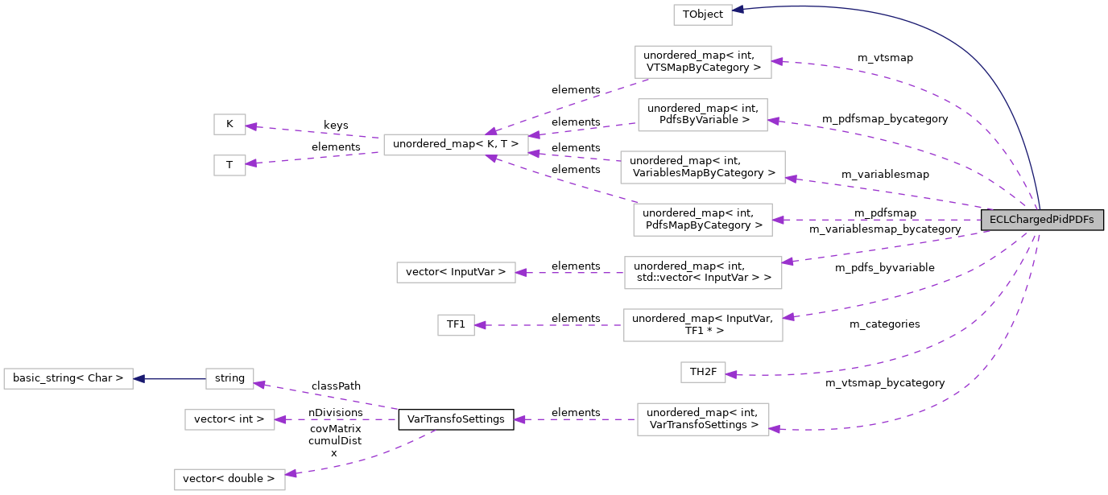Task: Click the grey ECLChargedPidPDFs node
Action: (x=1041, y=220)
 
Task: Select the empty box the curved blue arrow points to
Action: (x=702, y=14)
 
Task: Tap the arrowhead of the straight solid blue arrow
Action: (x=139, y=378)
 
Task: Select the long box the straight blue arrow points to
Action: (x=68, y=378)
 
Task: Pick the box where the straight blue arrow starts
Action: (x=229, y=378)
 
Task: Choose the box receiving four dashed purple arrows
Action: (x=456, y=145)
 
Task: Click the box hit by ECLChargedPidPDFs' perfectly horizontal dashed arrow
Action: (x=702, y=220)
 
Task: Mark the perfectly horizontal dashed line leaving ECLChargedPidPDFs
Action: (x=878, y=220)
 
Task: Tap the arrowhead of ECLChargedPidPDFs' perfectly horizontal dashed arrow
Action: (x=779, y=220)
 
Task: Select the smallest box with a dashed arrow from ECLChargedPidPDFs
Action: (x=703, y=372)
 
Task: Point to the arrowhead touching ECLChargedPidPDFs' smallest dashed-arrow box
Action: (x=731, y=373)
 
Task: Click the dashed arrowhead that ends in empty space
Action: (x=520, y=419)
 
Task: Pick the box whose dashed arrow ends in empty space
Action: (x=703, y=419)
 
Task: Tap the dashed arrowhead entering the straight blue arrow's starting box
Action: (x=259, y=385)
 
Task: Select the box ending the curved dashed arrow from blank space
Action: (x=229, y=480)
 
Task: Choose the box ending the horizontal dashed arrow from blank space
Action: (x=229, y=419)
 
